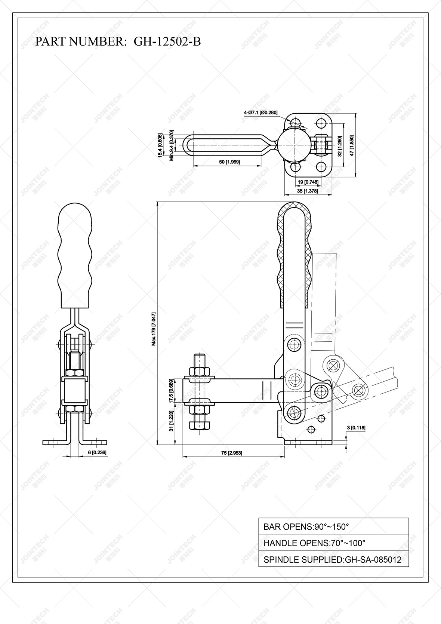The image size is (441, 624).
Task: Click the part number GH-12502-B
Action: pos(167,42)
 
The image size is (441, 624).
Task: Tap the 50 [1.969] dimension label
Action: pos(229,162)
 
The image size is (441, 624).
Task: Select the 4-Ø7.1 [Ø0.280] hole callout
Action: pos(260,113)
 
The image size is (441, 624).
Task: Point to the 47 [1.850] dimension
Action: pos(352,145)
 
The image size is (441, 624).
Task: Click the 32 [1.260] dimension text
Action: pos(340,146)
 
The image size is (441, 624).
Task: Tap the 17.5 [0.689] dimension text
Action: pos(171,391)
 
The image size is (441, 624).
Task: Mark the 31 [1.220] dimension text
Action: pos(171,421)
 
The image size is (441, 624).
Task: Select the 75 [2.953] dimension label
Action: pos(231,453)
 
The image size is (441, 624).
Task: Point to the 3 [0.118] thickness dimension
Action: pos(356,428)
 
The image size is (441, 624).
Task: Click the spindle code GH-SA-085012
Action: pos(373,560)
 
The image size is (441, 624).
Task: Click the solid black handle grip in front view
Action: pos(75,254)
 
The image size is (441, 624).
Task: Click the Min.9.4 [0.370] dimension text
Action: pos(172,145)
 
